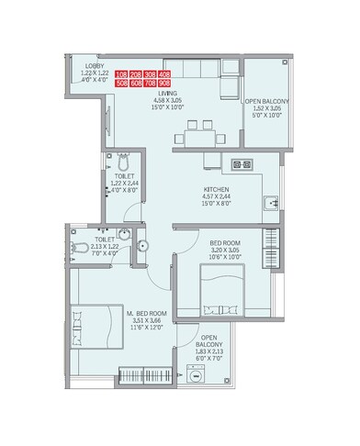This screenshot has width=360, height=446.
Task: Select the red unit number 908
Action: click(164, 81)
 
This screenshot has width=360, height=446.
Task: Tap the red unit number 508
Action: click(123, 81)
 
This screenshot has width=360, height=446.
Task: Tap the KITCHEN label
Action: click(217, 191)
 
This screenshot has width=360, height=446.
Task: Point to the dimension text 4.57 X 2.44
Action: click(217, 199)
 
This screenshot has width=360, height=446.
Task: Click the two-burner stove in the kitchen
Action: click(243, 166)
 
